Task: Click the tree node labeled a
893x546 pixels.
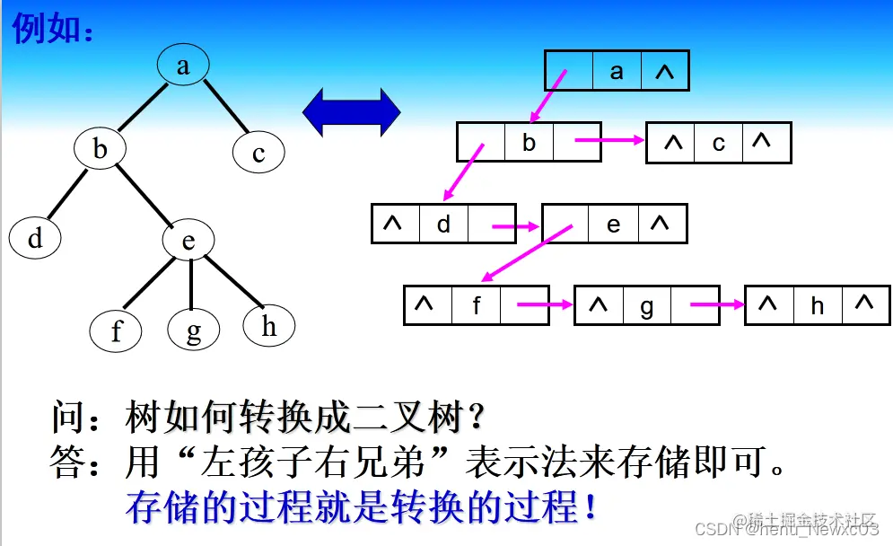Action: pos(183,65)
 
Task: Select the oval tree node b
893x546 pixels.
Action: pos(100,148)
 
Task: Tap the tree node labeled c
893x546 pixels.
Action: pos(258,153)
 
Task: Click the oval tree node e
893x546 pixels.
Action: pos(188,240)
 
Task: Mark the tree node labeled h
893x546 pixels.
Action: pos(269,326)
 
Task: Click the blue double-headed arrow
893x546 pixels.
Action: pos(351,112)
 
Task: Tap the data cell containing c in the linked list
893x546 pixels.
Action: pos(719,143)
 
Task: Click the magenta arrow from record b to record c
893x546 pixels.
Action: pos(610,140)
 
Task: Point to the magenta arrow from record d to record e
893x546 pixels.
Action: pos(514,226)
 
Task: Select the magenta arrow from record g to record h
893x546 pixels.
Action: pos(717,305)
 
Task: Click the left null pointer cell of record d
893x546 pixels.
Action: pos(394,224)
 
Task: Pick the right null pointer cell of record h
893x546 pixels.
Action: pos(865,304)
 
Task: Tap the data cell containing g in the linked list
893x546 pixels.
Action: pos(647,306)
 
